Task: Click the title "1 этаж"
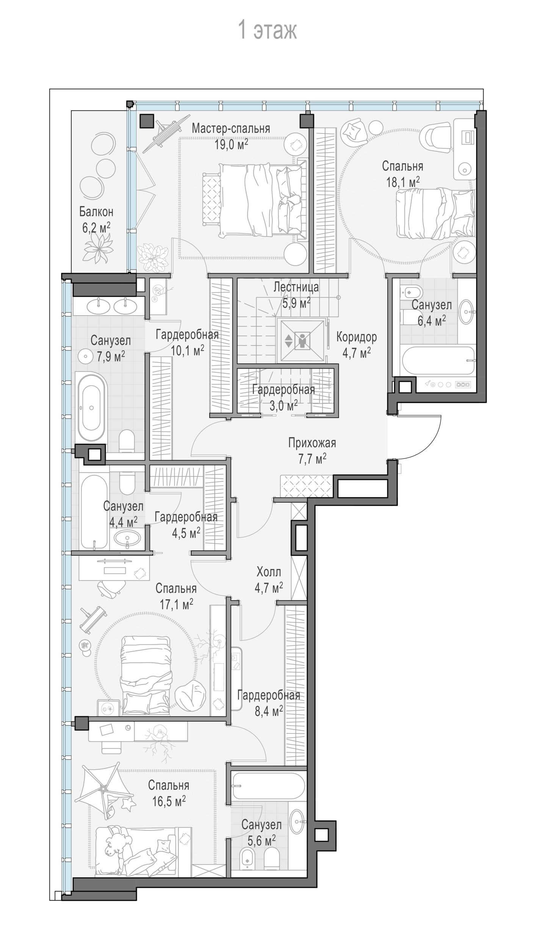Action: tap(267, 30)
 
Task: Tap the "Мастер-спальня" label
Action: tap(231, 128)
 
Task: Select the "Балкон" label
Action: tap(96, 212)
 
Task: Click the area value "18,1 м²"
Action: tap(403, 182)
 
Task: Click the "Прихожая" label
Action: tap(312, 443)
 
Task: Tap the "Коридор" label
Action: tap(356, 337)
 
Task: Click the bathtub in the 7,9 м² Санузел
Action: tap(91, 408)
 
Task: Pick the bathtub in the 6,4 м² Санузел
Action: tap(438, 360)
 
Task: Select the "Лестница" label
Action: tap(296, 287)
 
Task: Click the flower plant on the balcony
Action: tap(97, 247)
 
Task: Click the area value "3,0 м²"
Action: tap(283, 406)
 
